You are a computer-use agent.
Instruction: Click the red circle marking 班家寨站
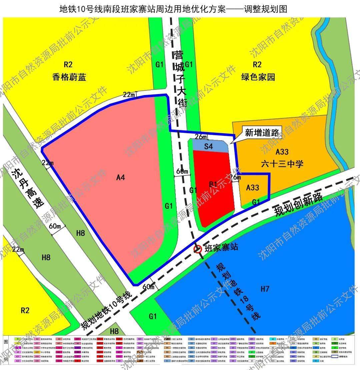tap(198, 249)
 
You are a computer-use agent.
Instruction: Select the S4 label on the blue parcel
tap(208, 146)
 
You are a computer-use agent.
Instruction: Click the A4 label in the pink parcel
tap(120, 178)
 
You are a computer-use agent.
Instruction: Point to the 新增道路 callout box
tap(262, 132)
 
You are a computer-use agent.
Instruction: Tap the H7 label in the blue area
tap(265, 289)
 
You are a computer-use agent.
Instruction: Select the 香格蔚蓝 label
tap(69, 77)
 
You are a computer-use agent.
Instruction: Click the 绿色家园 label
tap(258, 77)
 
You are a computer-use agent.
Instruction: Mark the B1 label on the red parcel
tap(213, 184)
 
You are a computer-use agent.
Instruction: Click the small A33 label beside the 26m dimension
tap(253, 188)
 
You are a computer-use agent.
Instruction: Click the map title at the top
tap(173, 9)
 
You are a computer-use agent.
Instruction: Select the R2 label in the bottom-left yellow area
tap(25, 311)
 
